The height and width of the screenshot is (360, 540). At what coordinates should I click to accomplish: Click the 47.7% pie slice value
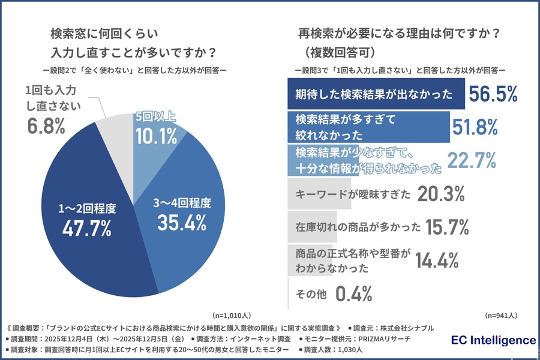tap(86, 227)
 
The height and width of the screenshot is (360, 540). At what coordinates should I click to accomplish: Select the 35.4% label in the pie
tap(182, 222)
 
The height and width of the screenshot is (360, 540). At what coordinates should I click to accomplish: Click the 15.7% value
tap(447, 227)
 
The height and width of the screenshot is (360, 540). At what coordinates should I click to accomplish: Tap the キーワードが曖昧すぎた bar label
tap(353, 194)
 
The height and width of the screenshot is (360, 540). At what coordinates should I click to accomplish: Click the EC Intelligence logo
tap(493, 340)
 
